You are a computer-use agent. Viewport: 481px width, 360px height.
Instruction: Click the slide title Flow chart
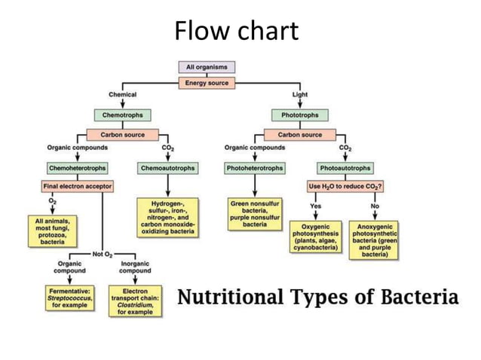(x=236, y=32)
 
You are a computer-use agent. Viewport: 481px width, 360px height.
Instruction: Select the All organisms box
(x=206, y=67)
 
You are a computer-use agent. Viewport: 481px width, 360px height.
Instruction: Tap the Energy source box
(x=206, y=82)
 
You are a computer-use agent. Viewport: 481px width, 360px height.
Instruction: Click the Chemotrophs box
(x=122, y=115)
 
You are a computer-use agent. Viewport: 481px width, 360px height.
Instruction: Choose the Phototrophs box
(x=300, y=115)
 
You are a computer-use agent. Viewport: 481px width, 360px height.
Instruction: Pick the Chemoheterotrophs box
(x=77, y=168)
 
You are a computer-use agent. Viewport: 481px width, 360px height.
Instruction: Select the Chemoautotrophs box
(x=167, y=168)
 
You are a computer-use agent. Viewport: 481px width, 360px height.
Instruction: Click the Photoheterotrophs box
(x=255, y=168)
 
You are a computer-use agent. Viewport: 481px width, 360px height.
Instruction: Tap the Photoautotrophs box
(x=345, y=168)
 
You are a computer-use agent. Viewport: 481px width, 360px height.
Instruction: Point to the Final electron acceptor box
(x=77, y=185)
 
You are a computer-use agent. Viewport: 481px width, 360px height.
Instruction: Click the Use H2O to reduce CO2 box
(x=345, y=185)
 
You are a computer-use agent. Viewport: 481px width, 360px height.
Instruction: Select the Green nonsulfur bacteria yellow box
(x=255, y=213)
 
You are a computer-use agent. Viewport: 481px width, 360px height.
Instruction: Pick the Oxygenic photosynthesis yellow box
(x=316, y=236)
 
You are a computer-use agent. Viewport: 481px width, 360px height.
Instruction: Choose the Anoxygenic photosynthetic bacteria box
(x=375, y=240)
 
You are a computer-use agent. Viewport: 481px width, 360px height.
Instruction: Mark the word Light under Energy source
(x=300, y=94)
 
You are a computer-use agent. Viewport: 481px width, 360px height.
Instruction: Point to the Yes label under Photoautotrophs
(x=316, y=206)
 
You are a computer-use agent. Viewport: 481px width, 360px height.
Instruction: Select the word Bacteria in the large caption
(x=420, y=296)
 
